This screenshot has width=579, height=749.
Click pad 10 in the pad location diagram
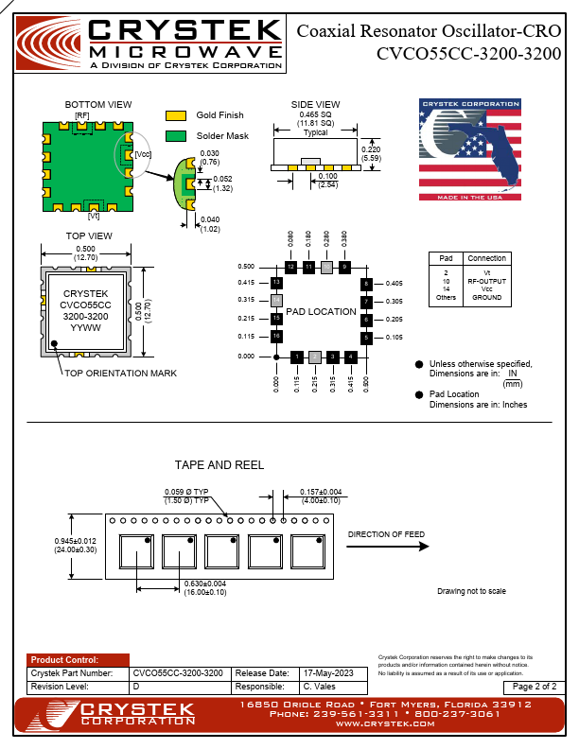click(x=326, y=268)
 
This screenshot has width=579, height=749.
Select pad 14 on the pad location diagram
click(x=276, y=301)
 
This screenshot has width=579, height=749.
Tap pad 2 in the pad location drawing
click(x=314, y=357)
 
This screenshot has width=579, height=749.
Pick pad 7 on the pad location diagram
click(x=366, y=302)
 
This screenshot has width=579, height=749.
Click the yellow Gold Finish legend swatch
click(x=176, y=115)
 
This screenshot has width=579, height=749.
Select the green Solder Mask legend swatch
click(x=176, y=136)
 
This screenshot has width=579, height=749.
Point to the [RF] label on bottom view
click(x=82, y=115)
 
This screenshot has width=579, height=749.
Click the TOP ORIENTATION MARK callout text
click(x=120, y=374)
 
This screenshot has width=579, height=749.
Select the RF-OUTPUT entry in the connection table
click(x=487, y=280)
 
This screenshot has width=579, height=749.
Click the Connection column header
click(x=487, y=258)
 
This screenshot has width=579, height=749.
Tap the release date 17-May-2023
click(x=326, y=673)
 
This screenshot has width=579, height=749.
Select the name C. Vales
click(x=320, y=687)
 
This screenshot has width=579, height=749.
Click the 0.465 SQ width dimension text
click(x=315, y=114)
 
